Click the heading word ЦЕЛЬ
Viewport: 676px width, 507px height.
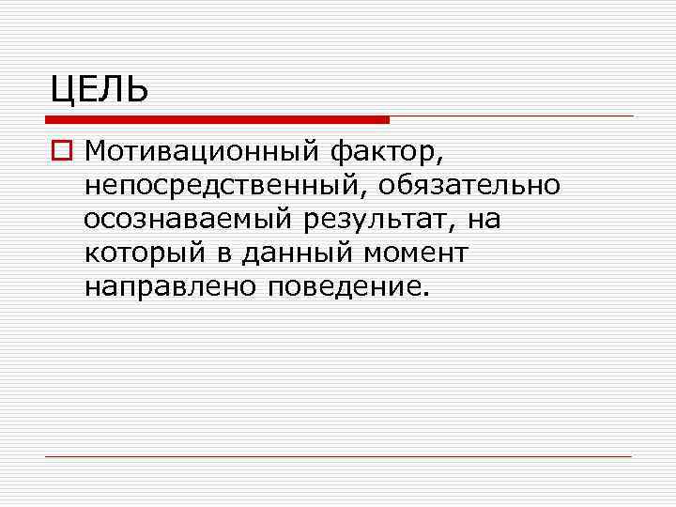pyautogui.click(x=99, y=90)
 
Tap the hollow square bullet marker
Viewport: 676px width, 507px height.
pyautogui.click(x=61, y=150)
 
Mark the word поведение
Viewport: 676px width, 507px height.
pyautogui.click(x=345, y=286)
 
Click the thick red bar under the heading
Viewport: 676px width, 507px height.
pyautogui.click(x=217, y=120)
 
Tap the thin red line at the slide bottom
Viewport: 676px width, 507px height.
pyautogui.click(x=338, y=456)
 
